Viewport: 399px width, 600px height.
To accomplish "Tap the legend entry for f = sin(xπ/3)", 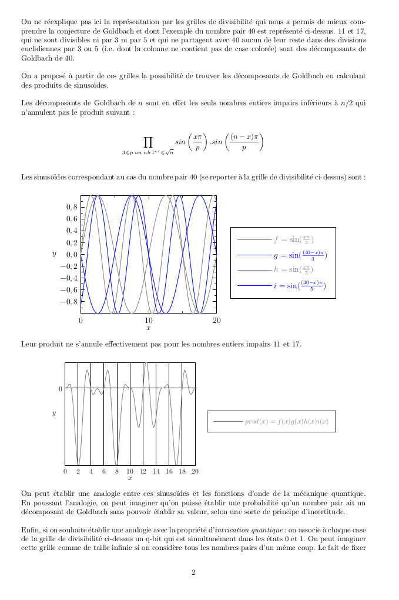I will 293,240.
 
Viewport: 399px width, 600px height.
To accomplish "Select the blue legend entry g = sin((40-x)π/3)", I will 300,255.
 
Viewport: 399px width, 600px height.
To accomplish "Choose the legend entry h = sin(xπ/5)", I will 293,271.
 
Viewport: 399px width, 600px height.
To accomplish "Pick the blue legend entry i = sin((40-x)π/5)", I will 299,286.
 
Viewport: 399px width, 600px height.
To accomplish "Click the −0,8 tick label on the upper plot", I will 68,302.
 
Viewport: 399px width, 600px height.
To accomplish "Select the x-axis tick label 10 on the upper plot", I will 149,320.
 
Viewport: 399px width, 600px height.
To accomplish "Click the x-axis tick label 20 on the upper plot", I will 216,320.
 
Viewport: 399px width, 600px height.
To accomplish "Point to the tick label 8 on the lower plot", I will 117,471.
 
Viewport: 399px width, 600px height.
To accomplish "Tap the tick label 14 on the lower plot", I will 156,471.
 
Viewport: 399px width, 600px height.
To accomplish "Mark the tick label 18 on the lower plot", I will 182,471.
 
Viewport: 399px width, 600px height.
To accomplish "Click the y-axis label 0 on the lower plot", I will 60,389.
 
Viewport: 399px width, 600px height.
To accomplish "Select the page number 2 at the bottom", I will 193,572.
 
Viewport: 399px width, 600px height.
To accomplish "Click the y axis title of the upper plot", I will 54,254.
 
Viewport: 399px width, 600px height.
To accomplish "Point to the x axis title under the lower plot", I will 130,478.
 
